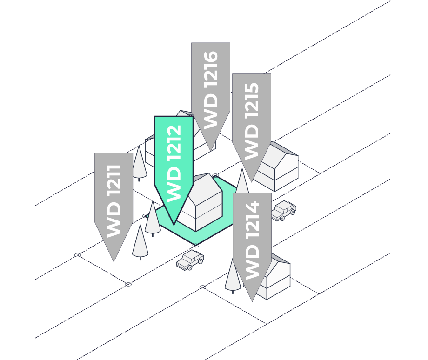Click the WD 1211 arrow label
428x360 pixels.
pos(114,200)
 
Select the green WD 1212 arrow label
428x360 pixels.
pos(174,163)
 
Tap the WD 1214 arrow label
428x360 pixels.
pos(252,240)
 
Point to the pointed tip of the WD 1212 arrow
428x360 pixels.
pos(174,224)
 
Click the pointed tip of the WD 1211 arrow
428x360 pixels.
pos(114,260)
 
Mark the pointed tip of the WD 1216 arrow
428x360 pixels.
pos(211,149)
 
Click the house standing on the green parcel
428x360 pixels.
pos(205,205)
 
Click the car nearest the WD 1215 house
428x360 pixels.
pos(284,210)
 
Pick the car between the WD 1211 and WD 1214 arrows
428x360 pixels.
pos(190,260)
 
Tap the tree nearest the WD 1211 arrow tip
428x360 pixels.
pos(140,242)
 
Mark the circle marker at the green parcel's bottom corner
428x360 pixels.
pos(196,245)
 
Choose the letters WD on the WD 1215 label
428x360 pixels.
pos(251,142)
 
